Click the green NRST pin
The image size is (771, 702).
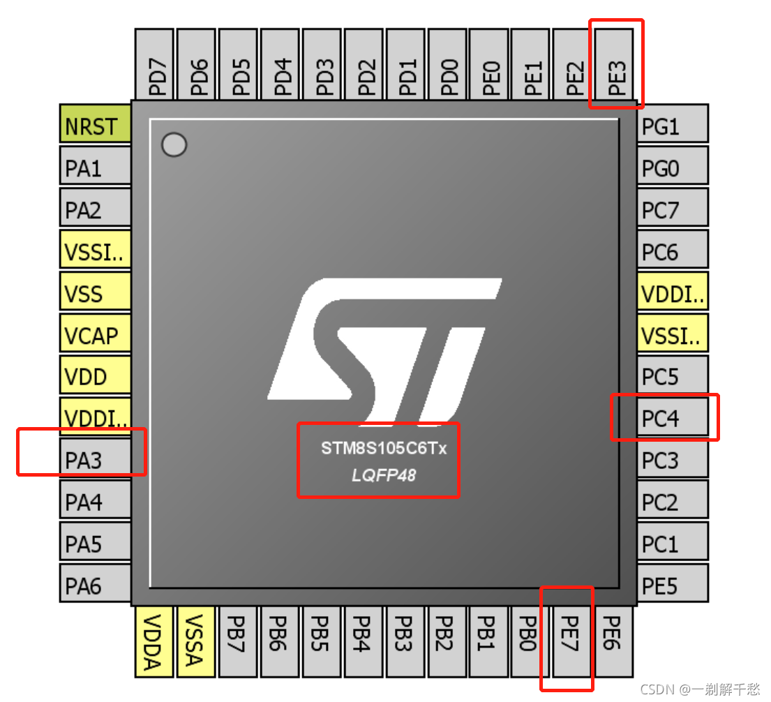point(96,126)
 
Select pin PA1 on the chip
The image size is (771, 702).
point(96,168)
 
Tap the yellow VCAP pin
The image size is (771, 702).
point(96,336)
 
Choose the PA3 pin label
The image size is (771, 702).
point(96,461)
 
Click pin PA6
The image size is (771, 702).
point(96,585)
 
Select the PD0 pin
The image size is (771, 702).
point(450,64)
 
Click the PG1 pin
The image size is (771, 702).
point(673,126)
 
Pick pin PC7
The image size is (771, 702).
point(673,210)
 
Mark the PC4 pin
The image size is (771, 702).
point(673,419)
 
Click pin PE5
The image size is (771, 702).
point(673,585)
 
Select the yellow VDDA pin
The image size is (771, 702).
point(155,641)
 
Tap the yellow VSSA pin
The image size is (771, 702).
point(197,641)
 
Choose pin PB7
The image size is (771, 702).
point(239,641)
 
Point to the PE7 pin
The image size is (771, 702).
point(572,641)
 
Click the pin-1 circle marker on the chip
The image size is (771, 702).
point(174,145)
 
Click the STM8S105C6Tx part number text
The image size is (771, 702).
point(383,448)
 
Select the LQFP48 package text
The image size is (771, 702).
point(383,475)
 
